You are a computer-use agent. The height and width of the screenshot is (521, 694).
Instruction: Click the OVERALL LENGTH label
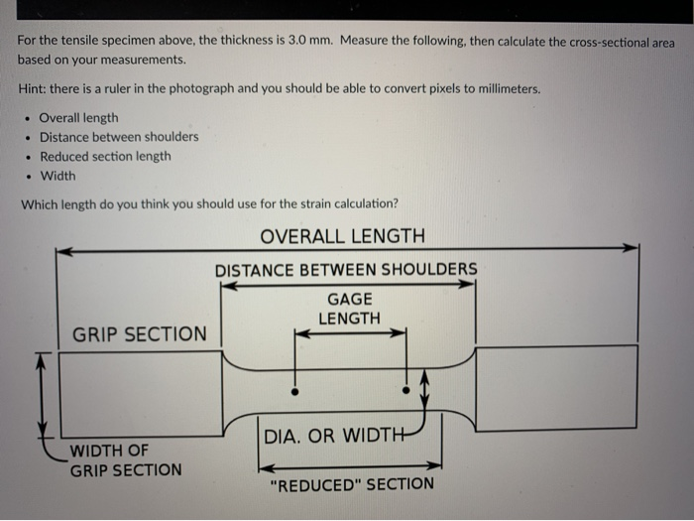[x=343, y=236]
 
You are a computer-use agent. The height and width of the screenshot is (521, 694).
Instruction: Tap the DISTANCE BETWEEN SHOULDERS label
[x=346, y=270]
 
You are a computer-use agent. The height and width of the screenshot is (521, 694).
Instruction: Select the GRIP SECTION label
[x=140, y=334]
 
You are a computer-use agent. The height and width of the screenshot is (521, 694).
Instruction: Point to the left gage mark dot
[x=294, y=392]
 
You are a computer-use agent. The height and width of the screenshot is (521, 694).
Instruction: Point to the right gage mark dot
[x=405, y=390]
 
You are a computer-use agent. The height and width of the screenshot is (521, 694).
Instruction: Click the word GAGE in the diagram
[x=350, y=299]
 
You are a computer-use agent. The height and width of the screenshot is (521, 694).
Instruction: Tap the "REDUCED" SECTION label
[x=352, y=484]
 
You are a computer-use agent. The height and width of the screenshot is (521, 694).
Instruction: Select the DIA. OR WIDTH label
[x=334, y=436]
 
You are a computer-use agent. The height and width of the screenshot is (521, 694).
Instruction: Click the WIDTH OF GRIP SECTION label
[x=126, y=460]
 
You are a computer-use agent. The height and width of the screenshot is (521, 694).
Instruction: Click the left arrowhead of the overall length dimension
[x=64, y=252]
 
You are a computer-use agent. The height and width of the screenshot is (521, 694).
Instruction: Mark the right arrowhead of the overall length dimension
[x=631, y=248]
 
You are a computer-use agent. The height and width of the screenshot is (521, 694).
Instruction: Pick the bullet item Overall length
[x=78, y=118]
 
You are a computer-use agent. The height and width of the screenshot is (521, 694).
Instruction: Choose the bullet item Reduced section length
[x=105, y=157]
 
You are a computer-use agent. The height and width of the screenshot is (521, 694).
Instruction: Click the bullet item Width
[x=58, y=176]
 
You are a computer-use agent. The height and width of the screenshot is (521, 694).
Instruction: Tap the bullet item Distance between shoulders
[x=119, y=137]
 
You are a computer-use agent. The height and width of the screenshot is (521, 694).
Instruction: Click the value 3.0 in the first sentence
[x=297, y=41]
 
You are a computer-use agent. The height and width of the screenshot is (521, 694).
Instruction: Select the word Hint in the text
[x=31, y=88]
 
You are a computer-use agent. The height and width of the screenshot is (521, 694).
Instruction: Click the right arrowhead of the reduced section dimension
[x=434, y=465]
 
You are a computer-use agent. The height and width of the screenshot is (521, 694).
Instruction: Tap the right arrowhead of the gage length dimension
[x=399, y=332]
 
